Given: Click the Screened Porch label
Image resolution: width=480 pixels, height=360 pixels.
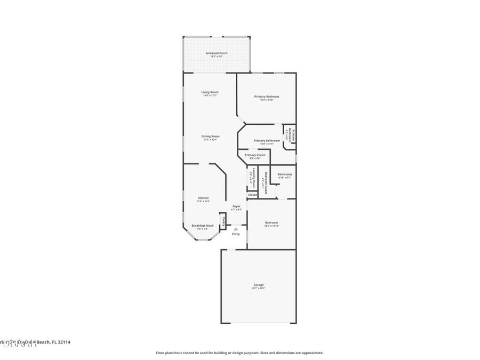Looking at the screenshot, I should [217, 53].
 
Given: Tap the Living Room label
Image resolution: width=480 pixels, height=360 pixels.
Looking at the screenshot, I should [210, 92].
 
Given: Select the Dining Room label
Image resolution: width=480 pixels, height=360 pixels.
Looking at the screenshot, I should [210, 137].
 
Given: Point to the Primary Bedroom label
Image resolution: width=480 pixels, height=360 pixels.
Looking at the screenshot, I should [267, 97].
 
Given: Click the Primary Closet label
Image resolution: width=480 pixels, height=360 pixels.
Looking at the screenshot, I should [255, 155].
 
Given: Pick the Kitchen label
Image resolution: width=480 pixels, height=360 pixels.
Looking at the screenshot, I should [204, 198].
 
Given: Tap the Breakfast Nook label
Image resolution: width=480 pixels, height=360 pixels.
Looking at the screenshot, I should [203, 226].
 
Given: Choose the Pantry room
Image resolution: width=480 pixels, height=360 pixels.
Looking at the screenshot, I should [223, 221].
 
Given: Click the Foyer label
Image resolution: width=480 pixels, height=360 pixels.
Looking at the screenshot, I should [236, 206].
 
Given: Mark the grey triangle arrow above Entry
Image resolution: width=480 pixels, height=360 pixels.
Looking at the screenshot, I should [236, 228].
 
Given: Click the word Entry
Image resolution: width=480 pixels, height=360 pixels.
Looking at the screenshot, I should [236, 234].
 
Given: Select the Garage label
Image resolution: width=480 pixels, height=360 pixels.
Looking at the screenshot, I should [258, 285].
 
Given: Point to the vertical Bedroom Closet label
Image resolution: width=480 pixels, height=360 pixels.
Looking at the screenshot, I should [265, 181].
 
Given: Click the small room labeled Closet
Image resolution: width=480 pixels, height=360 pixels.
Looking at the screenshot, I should [252, 195].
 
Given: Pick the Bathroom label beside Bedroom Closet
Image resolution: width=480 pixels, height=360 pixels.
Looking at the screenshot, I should [284, 174].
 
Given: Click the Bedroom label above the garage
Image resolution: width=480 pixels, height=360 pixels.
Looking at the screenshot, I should [271, 222].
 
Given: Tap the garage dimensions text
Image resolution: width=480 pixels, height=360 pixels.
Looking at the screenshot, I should [258, 288].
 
